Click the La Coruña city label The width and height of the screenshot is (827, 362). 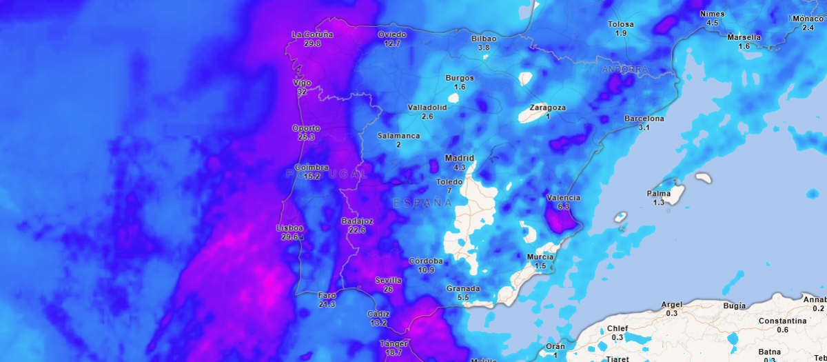tap(312, 34)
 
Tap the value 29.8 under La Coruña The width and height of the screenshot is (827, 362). tap(312, 43)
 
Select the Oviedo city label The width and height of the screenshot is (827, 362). tap(392, 34)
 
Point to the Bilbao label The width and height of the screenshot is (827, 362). tap(484, 39)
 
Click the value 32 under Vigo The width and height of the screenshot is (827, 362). tap(302, 92)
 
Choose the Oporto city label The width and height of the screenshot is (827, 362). tap(306, 128)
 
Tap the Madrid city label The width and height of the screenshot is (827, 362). tap(460, 158)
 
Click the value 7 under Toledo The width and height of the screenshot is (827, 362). tap(449, 190)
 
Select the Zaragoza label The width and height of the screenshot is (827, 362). tap(548, 108)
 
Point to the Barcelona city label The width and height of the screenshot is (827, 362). tap(644, 119)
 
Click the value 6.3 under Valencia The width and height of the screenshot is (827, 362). tap(563, 207)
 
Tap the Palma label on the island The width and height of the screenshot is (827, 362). tap(659, 193)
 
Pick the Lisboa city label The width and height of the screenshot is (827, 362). tap(289, 228)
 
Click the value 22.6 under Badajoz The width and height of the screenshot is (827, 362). tap(357, 230)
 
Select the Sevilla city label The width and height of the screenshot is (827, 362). tap(388, 280)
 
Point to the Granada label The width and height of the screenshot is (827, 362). tap(463, 288)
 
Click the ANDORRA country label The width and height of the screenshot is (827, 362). tap(625, 70)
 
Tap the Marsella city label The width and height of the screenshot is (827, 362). tap(744, 37)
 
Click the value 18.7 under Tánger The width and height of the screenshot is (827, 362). tap(394, 352)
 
